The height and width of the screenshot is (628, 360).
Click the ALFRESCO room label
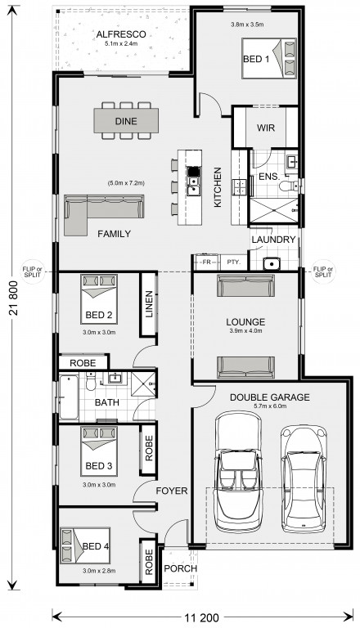point(121,35)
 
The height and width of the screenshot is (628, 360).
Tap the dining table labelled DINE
point(126,120)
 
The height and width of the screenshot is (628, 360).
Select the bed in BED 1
point(268,59)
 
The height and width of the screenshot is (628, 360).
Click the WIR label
point(266,128)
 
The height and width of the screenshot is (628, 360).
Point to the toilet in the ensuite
point(290,186)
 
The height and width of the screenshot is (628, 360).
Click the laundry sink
point(272,264)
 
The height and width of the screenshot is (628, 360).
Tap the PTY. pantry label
point(234,262)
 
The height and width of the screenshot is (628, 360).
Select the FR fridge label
point(206,262)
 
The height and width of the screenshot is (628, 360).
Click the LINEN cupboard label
point(149,304)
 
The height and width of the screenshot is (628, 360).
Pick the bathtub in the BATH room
point(69,397)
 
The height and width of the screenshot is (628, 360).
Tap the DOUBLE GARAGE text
point(269,397)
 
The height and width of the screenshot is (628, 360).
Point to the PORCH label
point(180,569)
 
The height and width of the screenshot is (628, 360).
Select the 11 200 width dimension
point(201,617)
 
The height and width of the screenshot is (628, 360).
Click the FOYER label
point(172,491)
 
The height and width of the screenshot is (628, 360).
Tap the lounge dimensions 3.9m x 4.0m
point(245,331)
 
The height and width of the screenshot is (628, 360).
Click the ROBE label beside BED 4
point(149,563)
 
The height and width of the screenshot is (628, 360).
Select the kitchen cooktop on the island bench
point(193,172)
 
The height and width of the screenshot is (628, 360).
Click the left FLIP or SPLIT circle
point(32,272)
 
